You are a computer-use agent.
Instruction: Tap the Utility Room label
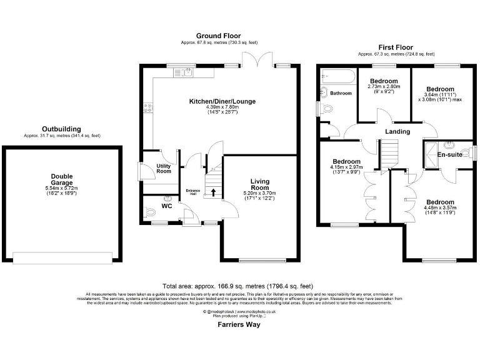[x=164, y=168]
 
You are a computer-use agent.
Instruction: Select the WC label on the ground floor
[x=167, y=206]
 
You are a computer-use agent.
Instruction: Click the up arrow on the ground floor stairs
[x=214, y=192]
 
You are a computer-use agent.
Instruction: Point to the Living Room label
[x=259, y=184]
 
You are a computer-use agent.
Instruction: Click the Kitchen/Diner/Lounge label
[x=222, y=101]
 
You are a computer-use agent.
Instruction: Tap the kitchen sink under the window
[x=187, y=74]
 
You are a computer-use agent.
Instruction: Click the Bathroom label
[x=341, y=94]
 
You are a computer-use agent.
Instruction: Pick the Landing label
[x=397, y=132]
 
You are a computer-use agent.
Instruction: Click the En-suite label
[x=449, y=154]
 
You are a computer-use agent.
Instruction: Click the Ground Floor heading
[x=218, y=36]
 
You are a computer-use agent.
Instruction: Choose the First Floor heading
[x=396, y=47]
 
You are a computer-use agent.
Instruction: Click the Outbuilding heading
[x=61, y=129]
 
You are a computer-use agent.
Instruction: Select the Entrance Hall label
[x=192, y=192]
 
